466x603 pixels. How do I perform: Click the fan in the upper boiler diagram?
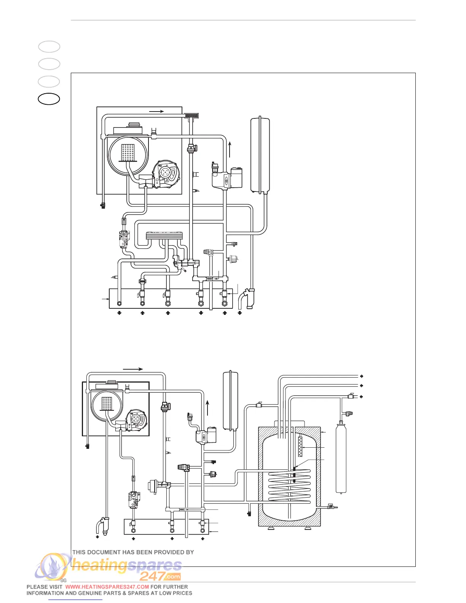[x=166, y=174]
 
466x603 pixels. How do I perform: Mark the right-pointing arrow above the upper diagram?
[x=157, y=111]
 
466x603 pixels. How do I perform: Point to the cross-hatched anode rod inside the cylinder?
[x=300, y=446]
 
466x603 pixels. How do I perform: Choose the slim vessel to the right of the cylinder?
[x=341, y=459]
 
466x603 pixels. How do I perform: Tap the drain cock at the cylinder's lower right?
[x=330, y=507]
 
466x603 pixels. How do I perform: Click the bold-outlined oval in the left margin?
[x=49, y=99]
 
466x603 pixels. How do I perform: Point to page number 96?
[x=64, y=580]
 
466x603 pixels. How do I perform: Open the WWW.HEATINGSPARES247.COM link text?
[x=107, y=587]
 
